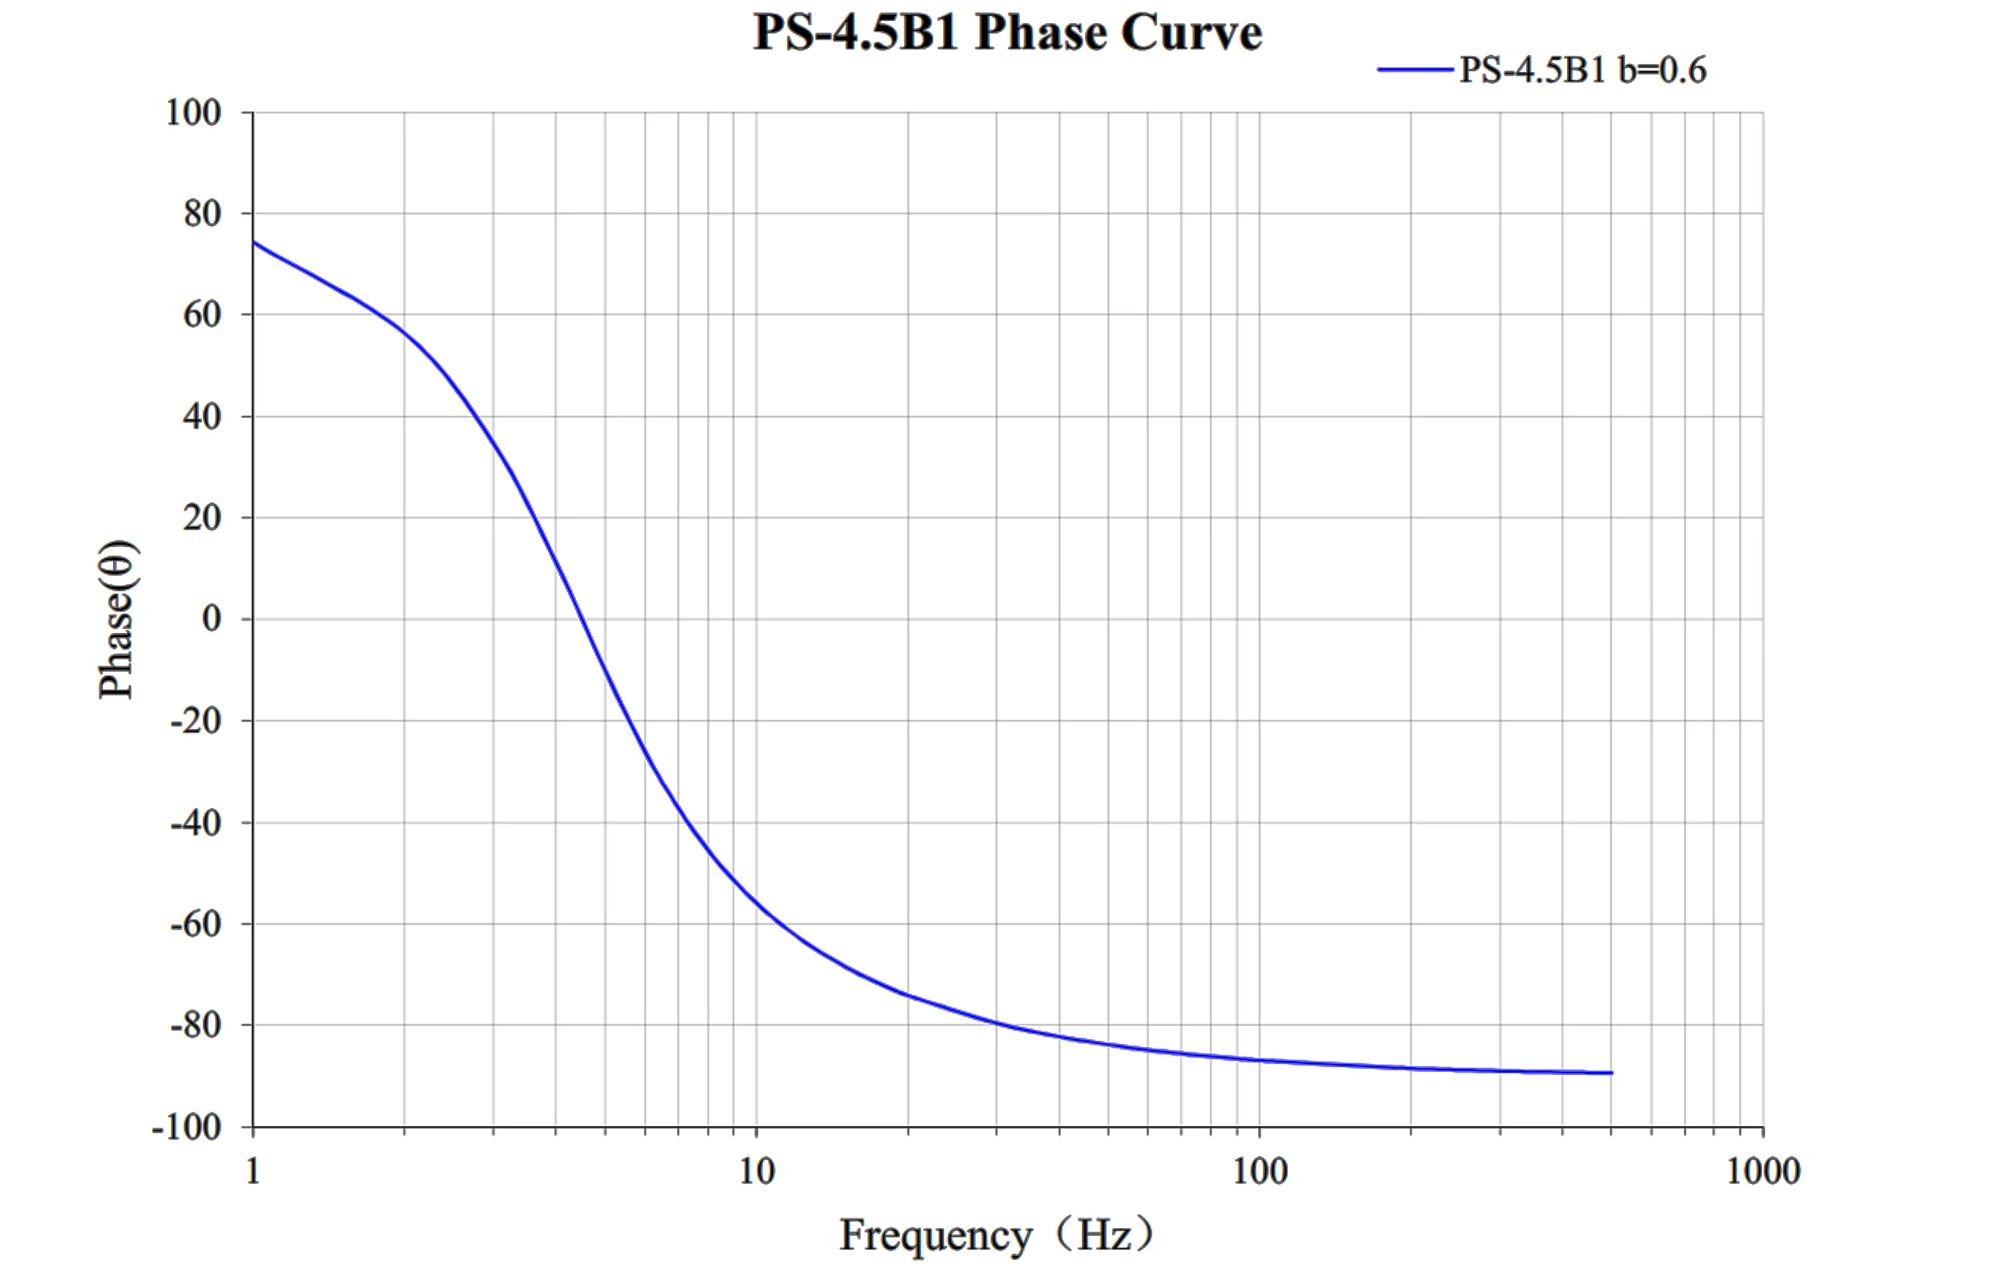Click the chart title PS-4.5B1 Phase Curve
point(1007,33)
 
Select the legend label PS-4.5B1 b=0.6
point(1583,70)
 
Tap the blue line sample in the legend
point(1415,70)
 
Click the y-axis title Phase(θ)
point(117,619)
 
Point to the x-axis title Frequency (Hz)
point(997,1234)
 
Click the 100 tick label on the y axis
point(193,113)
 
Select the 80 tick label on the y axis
point(202,214)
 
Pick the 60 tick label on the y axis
point(202,315)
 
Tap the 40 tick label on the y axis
point(202,417)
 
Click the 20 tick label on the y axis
point(202,518)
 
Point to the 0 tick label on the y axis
point(211,619)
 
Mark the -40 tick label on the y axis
point(196,823)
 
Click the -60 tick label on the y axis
point(196,924)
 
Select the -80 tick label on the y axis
point(196,1025)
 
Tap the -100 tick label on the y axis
point(186,1128)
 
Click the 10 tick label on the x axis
point(756,1171)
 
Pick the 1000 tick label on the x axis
point(1763,1171)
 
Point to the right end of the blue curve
point(1611,1073)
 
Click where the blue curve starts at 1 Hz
point(254,243)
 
